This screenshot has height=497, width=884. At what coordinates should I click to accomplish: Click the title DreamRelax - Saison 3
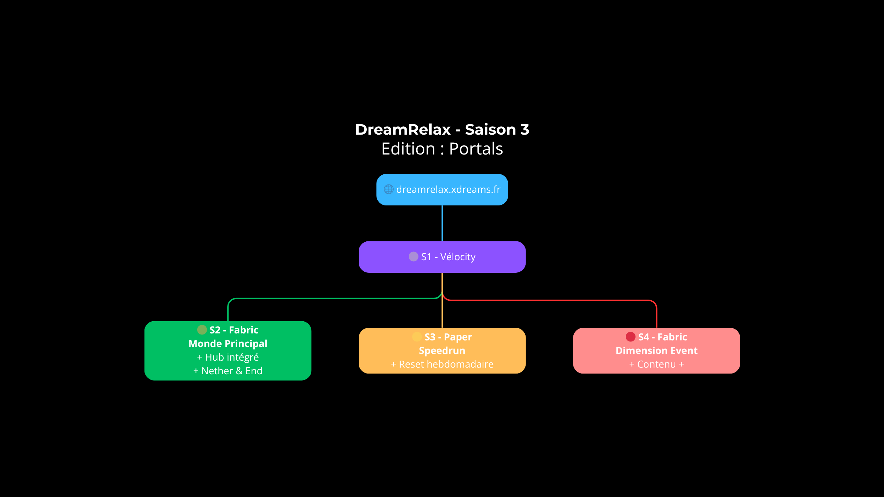tap(442, 129)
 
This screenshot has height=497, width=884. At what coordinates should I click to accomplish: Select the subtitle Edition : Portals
tap(442, 149)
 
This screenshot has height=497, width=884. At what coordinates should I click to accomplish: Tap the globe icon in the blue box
tap(388, 189)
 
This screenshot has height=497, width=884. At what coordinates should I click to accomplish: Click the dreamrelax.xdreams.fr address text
tap(448, 189)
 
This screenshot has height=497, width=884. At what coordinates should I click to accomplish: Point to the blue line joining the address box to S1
tap(442, 223)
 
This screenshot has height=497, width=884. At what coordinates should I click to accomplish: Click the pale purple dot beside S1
tap(413, 257)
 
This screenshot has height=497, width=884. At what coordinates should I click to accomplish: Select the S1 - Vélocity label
tap(448, 257)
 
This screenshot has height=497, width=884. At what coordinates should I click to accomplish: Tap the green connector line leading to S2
tap(332, 299)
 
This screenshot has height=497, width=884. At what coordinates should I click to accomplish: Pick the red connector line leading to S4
tap(551, 300)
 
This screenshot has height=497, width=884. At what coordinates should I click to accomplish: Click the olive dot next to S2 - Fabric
tap(202, 330)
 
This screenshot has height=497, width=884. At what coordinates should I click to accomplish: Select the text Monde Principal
tap(228, 344)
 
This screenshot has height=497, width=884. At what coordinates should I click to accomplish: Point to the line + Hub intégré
tap(228, 357)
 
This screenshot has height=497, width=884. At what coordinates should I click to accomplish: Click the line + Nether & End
tap(228, 371)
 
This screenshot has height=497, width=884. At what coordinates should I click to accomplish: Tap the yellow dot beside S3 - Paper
tap(417, 337)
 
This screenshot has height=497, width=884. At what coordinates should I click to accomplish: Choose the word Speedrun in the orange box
tap(442, 351)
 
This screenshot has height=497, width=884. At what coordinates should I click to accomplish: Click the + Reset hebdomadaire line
tap(442, 364)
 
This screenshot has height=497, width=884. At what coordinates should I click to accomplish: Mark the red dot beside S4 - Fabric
tap(630, 337)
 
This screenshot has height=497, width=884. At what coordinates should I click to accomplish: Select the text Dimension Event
tap(656, 351)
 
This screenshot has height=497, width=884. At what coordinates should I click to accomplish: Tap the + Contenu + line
tap(656, 364)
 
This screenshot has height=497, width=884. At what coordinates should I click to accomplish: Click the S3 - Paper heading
tap(448, 337)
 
